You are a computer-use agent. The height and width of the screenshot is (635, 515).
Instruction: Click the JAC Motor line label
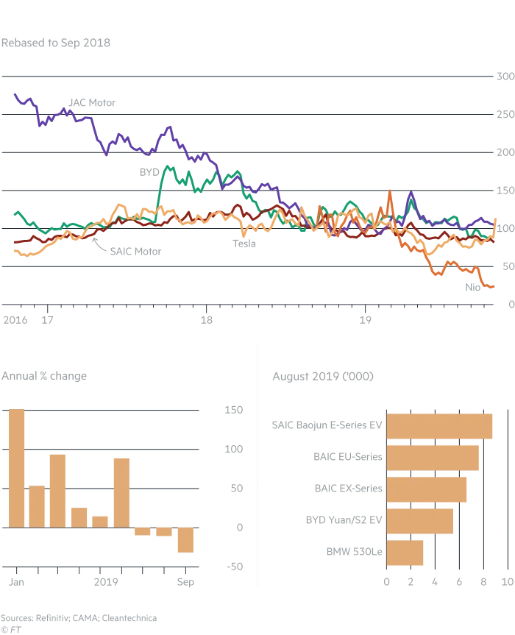92,102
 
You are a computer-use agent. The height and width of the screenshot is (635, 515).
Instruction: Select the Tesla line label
244,243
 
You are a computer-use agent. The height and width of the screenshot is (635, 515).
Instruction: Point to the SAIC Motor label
135,251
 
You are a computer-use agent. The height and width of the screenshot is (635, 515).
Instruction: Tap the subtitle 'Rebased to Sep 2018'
56,43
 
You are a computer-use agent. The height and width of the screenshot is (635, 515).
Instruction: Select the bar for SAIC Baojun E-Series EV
439,426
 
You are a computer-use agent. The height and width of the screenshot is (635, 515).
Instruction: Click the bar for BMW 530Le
405,553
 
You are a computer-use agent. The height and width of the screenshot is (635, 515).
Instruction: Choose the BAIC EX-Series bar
426,489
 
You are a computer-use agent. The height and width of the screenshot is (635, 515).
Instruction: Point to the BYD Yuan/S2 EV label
344,520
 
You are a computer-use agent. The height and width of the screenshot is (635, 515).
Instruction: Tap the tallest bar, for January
16,468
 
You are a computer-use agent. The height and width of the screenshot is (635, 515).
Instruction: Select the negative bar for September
185,539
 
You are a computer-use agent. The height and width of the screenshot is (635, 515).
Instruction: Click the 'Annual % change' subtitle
44,376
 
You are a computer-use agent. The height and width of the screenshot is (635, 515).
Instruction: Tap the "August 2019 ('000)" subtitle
323,377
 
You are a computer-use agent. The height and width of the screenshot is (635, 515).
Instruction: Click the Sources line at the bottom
79,618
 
